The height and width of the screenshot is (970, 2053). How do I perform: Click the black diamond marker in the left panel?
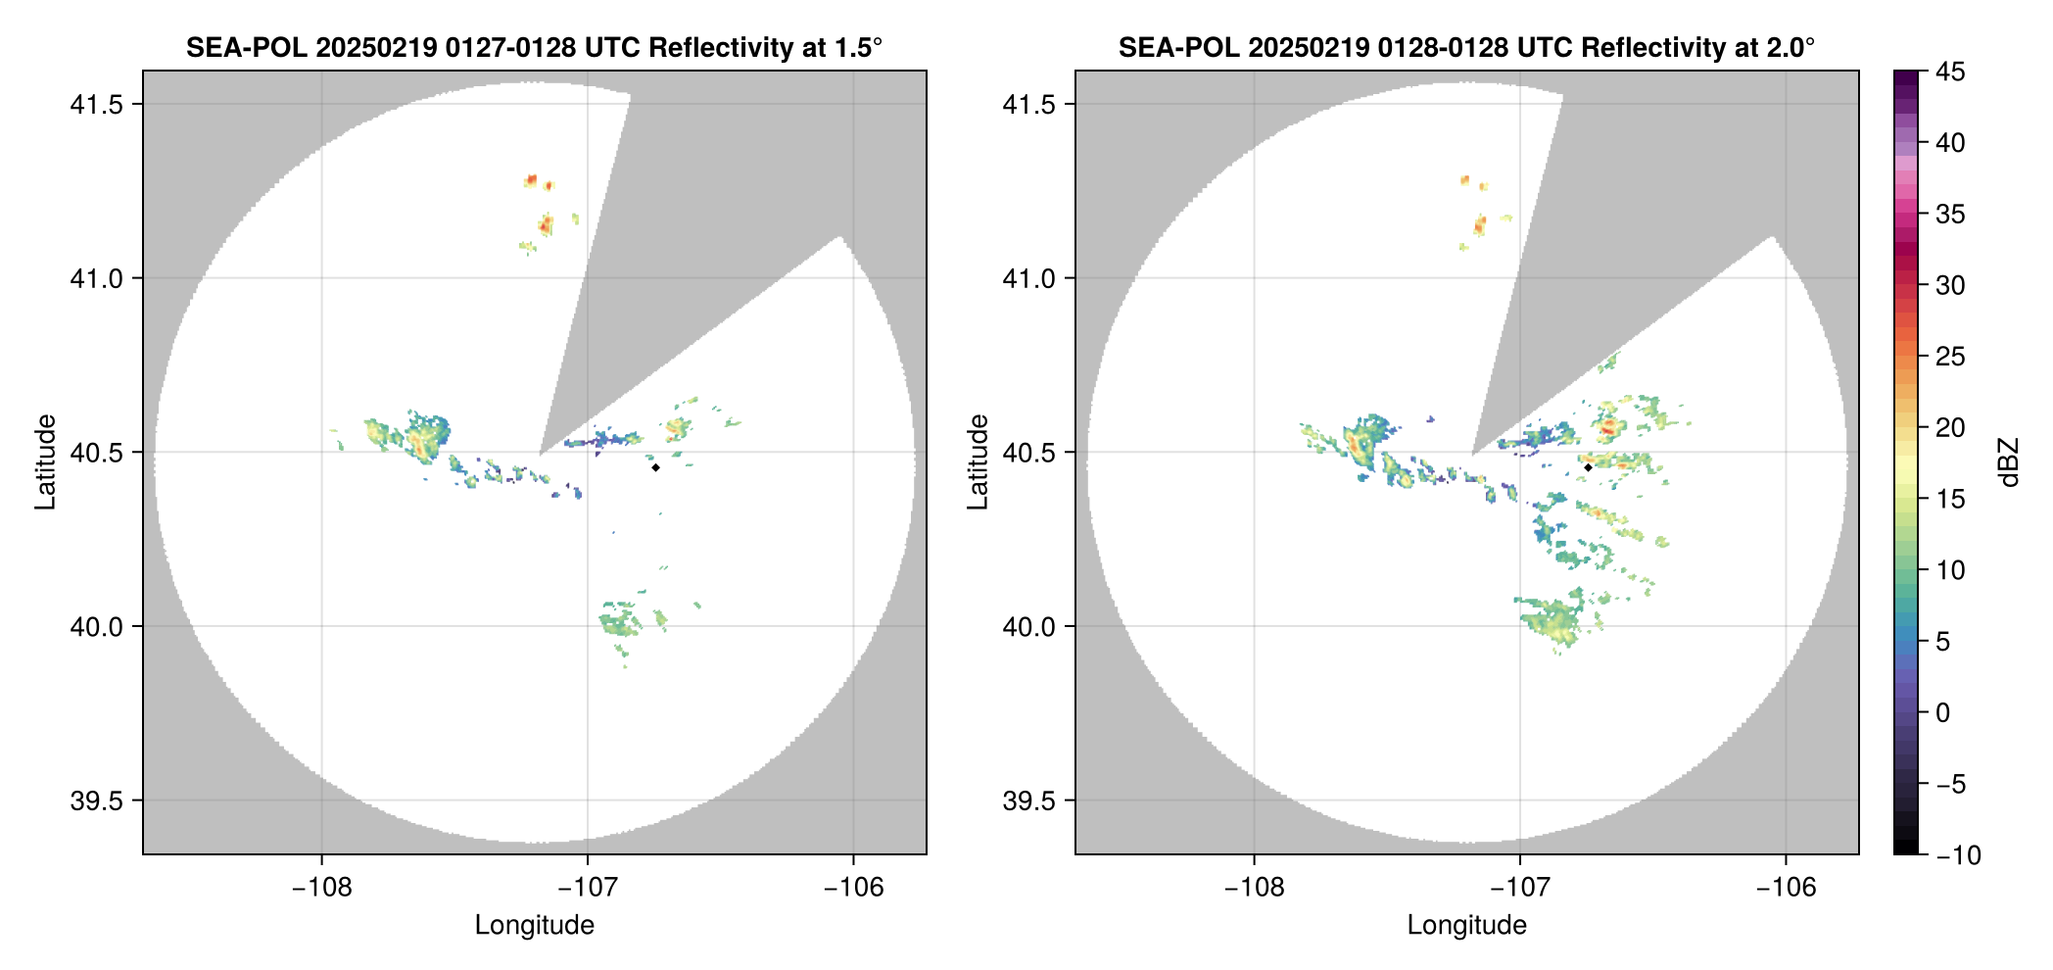click(655, 467)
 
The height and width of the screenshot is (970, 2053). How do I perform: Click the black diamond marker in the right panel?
click(1588, 467)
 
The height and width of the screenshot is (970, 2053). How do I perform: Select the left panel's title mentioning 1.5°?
click(534, 47)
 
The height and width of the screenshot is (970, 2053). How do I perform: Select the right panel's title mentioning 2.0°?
click(1466, 47)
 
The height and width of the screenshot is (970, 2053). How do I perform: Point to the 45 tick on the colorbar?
click(1950, 72)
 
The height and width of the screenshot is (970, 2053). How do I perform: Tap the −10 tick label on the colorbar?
click(1958, 855)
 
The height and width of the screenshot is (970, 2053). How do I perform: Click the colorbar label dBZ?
click(2010, 462)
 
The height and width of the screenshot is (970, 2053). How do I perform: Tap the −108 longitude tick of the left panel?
click(321, 887)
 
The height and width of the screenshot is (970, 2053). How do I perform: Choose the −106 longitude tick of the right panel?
click(1786, 887)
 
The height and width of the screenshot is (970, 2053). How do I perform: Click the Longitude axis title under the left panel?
click(534, 925)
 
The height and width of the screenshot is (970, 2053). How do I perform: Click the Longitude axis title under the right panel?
click(1466, 925)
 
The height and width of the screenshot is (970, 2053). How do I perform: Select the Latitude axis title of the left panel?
click(45, 462)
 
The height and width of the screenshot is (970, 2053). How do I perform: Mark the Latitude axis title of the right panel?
click(978, 462)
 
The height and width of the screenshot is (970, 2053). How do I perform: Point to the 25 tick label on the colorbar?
click(1950, 357)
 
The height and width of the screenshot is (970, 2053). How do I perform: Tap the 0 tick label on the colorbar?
click(1943, 712)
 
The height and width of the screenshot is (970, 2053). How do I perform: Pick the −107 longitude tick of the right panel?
click(1519, 887)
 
